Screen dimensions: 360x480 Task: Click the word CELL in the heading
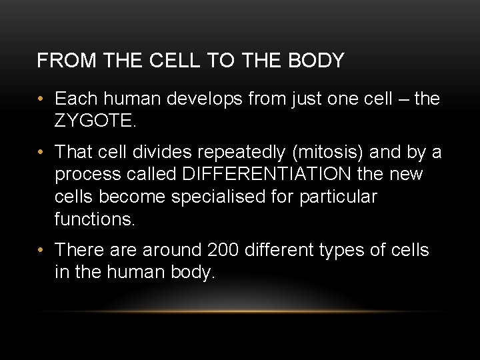173,61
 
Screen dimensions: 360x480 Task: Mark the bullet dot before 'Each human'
41,99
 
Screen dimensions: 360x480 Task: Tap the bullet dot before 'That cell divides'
41,153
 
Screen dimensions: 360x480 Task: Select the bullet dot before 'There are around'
41,250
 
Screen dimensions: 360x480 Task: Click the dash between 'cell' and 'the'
400,99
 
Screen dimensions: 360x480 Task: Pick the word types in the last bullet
355,250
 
